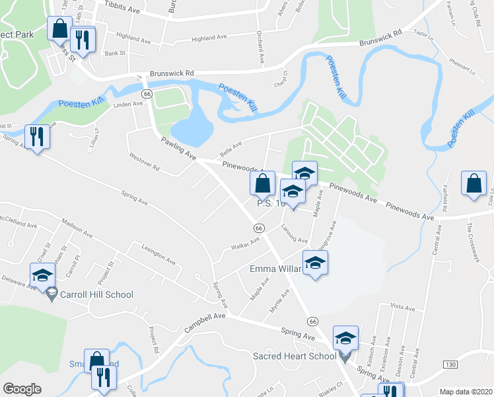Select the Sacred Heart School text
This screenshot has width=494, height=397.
coord(295,356)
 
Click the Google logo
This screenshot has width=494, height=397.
coord(22,389)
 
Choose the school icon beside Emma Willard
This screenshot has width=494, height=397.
coord(315,263)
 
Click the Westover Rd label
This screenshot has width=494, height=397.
coord(145,163)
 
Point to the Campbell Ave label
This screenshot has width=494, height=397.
coord(205,323)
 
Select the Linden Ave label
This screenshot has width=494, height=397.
coord(128,105)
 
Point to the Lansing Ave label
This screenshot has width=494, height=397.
coord(295,234)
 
